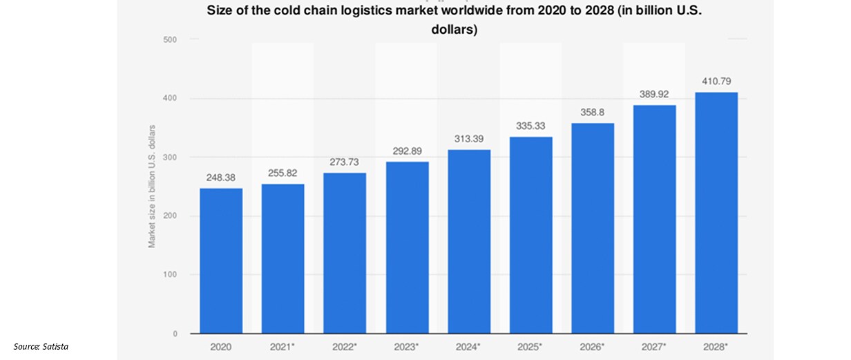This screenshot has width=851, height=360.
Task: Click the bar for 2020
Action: pos(221,260)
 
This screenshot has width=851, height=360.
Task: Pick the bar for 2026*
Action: pos(593,228)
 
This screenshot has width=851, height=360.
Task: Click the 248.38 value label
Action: pos(221,178)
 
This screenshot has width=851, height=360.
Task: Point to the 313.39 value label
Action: pos(469,140)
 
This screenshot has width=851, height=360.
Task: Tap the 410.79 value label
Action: pos(716,82)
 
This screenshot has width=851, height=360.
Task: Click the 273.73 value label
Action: pos(345,163)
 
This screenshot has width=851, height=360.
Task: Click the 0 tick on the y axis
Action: pos(175,334)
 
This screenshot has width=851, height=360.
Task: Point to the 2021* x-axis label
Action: pos(283,345)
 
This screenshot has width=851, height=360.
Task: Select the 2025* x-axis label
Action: pos(531,345)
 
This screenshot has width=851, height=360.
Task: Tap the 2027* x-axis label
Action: pos(655,345)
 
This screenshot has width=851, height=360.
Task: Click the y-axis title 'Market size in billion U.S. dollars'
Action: pos(151,187)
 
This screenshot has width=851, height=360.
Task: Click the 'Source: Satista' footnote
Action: pos(41,345)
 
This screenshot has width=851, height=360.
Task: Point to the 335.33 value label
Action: pos(531,126)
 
